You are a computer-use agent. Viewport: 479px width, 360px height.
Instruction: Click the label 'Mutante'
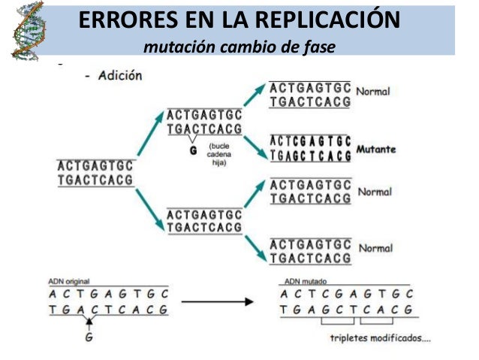(376, 149)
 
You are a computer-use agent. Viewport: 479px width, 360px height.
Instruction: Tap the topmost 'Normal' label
(374, 91)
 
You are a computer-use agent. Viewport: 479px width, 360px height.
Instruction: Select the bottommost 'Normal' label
(375, 249)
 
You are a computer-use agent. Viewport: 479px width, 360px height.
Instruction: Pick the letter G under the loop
(194, 151)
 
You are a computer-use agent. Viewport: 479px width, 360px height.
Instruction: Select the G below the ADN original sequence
(90, 337)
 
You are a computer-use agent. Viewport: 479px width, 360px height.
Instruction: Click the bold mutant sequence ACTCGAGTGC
(310, 141)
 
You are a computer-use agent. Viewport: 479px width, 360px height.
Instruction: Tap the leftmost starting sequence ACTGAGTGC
(95, 166)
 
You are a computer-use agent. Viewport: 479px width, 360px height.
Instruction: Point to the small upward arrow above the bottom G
(90, 322)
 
